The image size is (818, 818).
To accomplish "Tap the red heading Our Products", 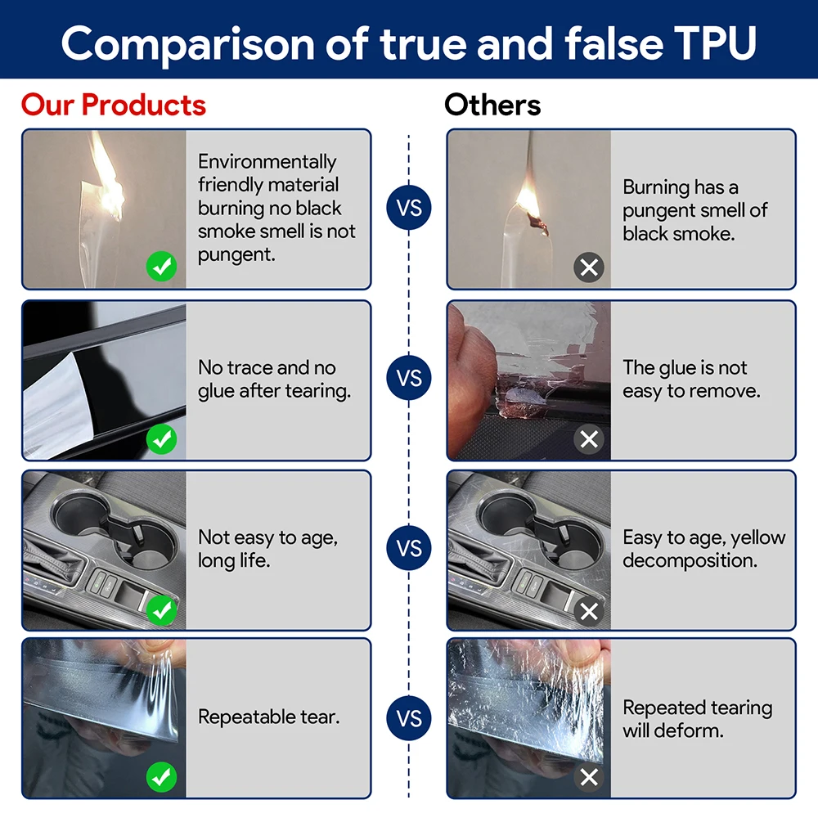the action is [x=113, y=105].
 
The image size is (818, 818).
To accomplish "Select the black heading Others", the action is [x=492, y=105].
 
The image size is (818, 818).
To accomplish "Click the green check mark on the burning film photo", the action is [x=161, y=267].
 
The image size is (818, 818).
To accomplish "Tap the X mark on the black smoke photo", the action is [x=589, y=267].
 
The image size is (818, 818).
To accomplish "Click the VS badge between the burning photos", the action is [x=409, y=208].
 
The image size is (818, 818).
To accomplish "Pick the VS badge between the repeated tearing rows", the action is [x=409, y=718].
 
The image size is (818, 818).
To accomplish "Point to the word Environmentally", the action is [x=267, y=162].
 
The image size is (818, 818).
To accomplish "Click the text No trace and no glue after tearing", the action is [x=274, y=380].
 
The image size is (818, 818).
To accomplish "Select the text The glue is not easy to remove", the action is [x=691, y=380].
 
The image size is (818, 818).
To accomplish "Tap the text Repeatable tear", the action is [x=268, y=717].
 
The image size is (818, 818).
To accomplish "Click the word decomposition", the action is [x=690, y=561].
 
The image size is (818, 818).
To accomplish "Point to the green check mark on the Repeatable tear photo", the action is [x=161, y=777].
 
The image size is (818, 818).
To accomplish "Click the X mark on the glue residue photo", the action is [x=589, y=439].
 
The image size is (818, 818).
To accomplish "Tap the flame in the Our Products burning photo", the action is [x=107, y=180].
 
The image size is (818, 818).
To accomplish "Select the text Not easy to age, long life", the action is [x=267, y=549].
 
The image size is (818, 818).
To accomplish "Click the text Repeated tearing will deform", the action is [x=698, y=719].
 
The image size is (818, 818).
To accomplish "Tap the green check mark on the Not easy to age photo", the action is [x=161, y=610].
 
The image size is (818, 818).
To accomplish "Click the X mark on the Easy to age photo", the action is [x=589, y=611].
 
